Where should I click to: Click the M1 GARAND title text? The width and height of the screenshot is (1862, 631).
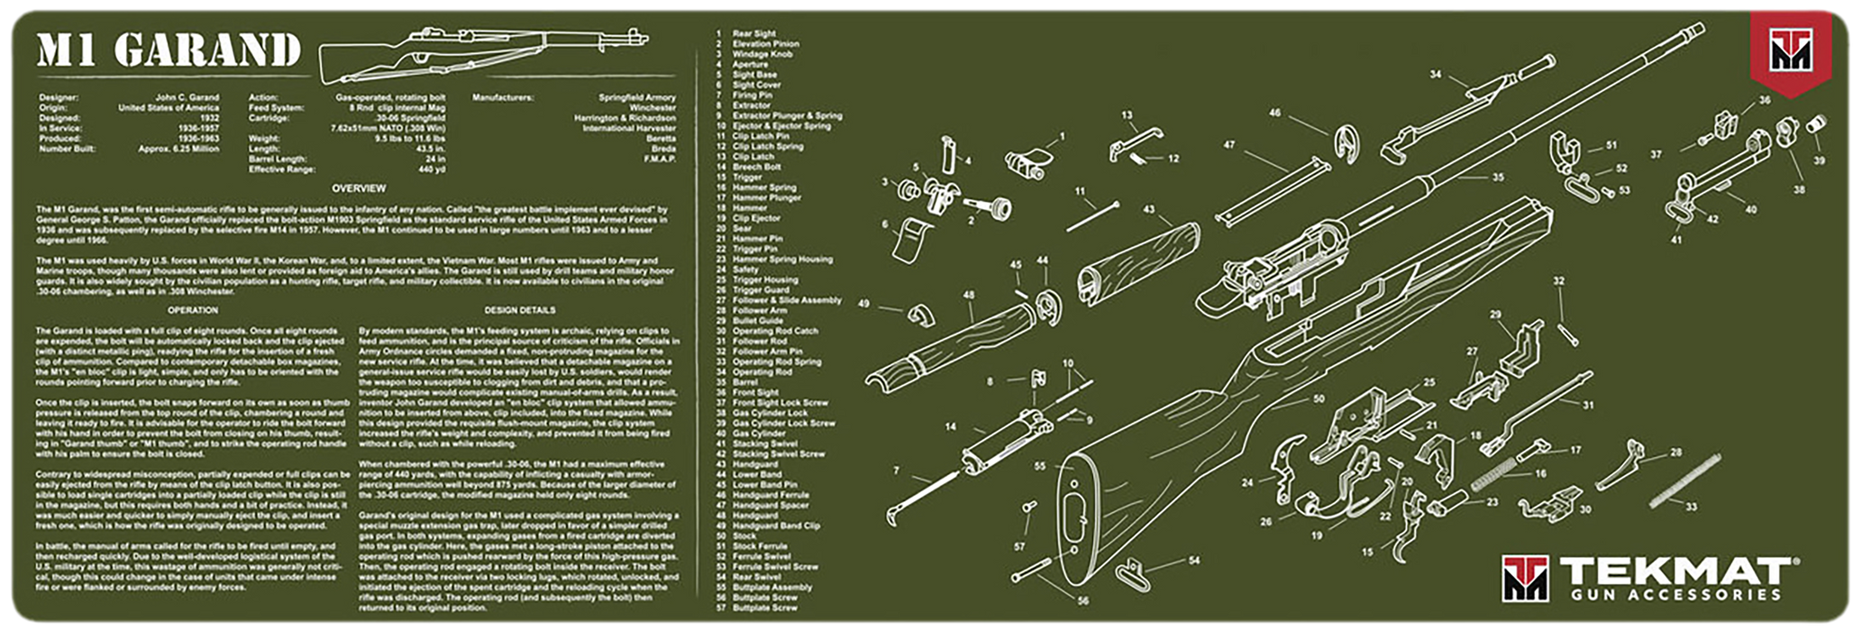tap(169, 51)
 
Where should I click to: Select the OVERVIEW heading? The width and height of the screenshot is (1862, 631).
tap(359, 188)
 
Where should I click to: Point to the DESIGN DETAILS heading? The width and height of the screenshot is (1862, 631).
tap(519, 310)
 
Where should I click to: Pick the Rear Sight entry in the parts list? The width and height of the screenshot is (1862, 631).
tap(753, 33)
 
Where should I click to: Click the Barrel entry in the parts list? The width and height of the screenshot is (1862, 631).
tap(744, 382)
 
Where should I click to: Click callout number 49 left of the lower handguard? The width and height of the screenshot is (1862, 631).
tap(863, 304)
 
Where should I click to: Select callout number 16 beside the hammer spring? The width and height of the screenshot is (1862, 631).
tap(1540, 472)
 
